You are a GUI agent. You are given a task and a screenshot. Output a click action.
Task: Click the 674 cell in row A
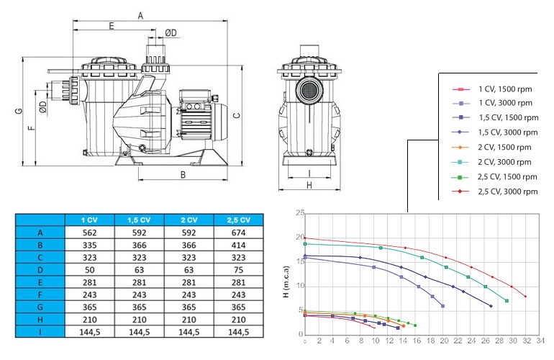(x=238, y=233)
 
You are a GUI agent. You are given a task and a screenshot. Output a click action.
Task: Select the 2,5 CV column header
(x=238, y=220)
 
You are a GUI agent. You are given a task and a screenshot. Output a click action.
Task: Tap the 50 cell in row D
(x=89, y=270)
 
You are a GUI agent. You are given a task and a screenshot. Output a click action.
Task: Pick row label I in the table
(x=40, y=332)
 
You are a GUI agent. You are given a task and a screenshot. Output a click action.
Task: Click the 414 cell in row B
(x=238, y=245)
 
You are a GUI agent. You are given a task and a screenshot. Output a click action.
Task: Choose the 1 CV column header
(x=89, y=220)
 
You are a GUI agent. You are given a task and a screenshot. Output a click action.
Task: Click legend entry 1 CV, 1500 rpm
(x=492, y=89)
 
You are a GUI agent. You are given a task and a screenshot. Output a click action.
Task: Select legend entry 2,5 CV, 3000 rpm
(x=495, y=192)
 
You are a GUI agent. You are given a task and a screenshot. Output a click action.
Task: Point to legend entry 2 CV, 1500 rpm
(x=491, y=147)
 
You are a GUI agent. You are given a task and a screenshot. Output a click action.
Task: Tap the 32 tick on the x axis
(x=527, y=341)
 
